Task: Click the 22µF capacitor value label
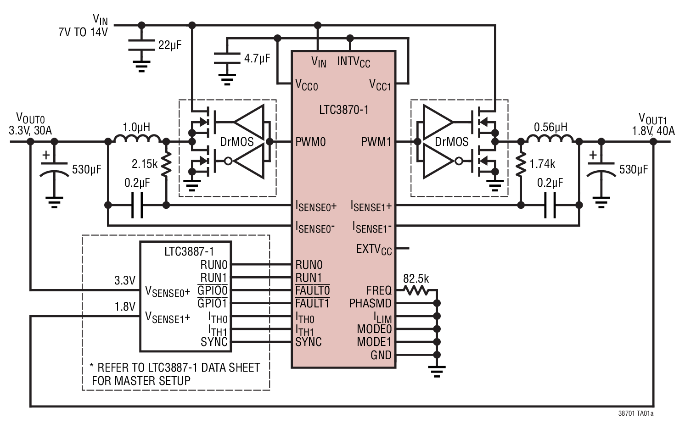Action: pos(169,45)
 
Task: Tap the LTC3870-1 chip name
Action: pos(343,110)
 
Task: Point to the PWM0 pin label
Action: pos(310,142)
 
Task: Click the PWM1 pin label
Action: pos(376,142)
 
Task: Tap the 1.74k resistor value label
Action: pos(542,164)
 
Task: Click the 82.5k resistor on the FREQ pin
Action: pos(416,290)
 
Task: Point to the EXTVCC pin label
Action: pos(374,249)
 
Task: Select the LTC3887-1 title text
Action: pos(189,251)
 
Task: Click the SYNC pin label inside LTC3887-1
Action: pos(214,342)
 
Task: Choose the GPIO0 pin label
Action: pos(212,291)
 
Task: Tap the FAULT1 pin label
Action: pos(312,304)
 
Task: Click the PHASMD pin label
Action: pos(370,304)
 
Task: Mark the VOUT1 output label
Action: pos(652,119)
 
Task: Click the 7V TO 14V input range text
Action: pos(83,32)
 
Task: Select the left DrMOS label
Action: pos(236,142)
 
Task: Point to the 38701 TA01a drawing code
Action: pos(636,413)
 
